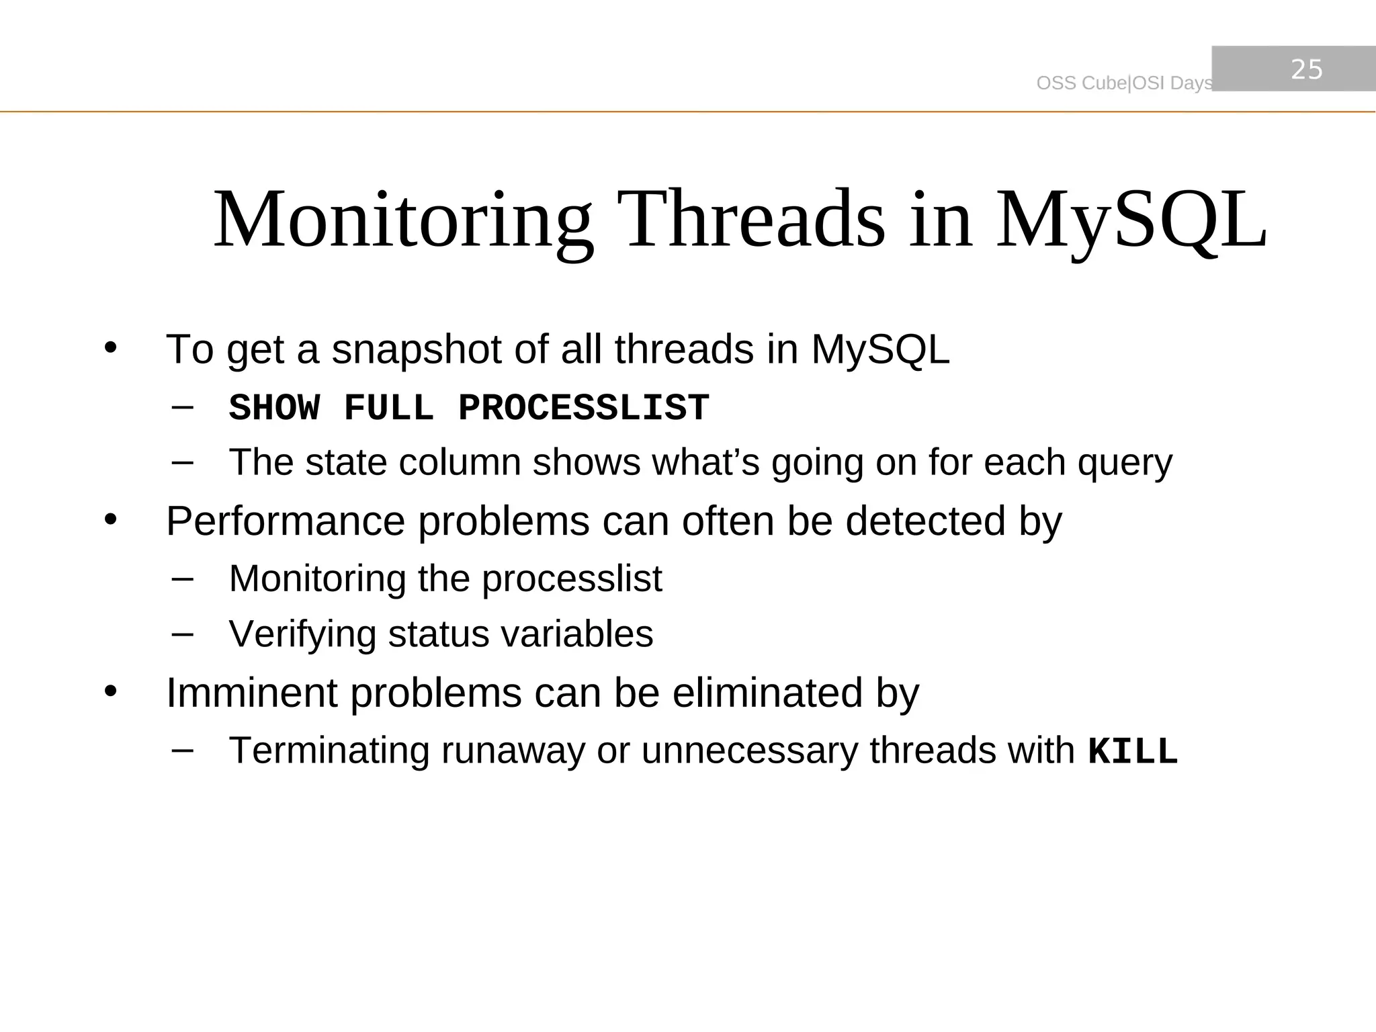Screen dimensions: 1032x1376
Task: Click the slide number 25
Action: point(1306,69)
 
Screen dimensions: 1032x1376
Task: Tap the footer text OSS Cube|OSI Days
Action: point(1124,83)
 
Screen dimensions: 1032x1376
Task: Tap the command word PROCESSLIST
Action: point(583,408)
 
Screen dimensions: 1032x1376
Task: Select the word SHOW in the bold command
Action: point(274,408)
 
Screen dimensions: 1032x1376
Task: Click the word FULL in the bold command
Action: point(388,408)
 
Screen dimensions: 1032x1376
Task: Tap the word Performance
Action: point(286,521)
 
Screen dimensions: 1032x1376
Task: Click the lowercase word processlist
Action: point(572,579)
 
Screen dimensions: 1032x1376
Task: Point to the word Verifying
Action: point(302,634)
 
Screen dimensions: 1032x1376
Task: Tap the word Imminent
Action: point(251,693)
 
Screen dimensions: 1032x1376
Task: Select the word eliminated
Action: point(767,693)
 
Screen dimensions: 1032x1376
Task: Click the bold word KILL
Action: point(1133,752)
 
